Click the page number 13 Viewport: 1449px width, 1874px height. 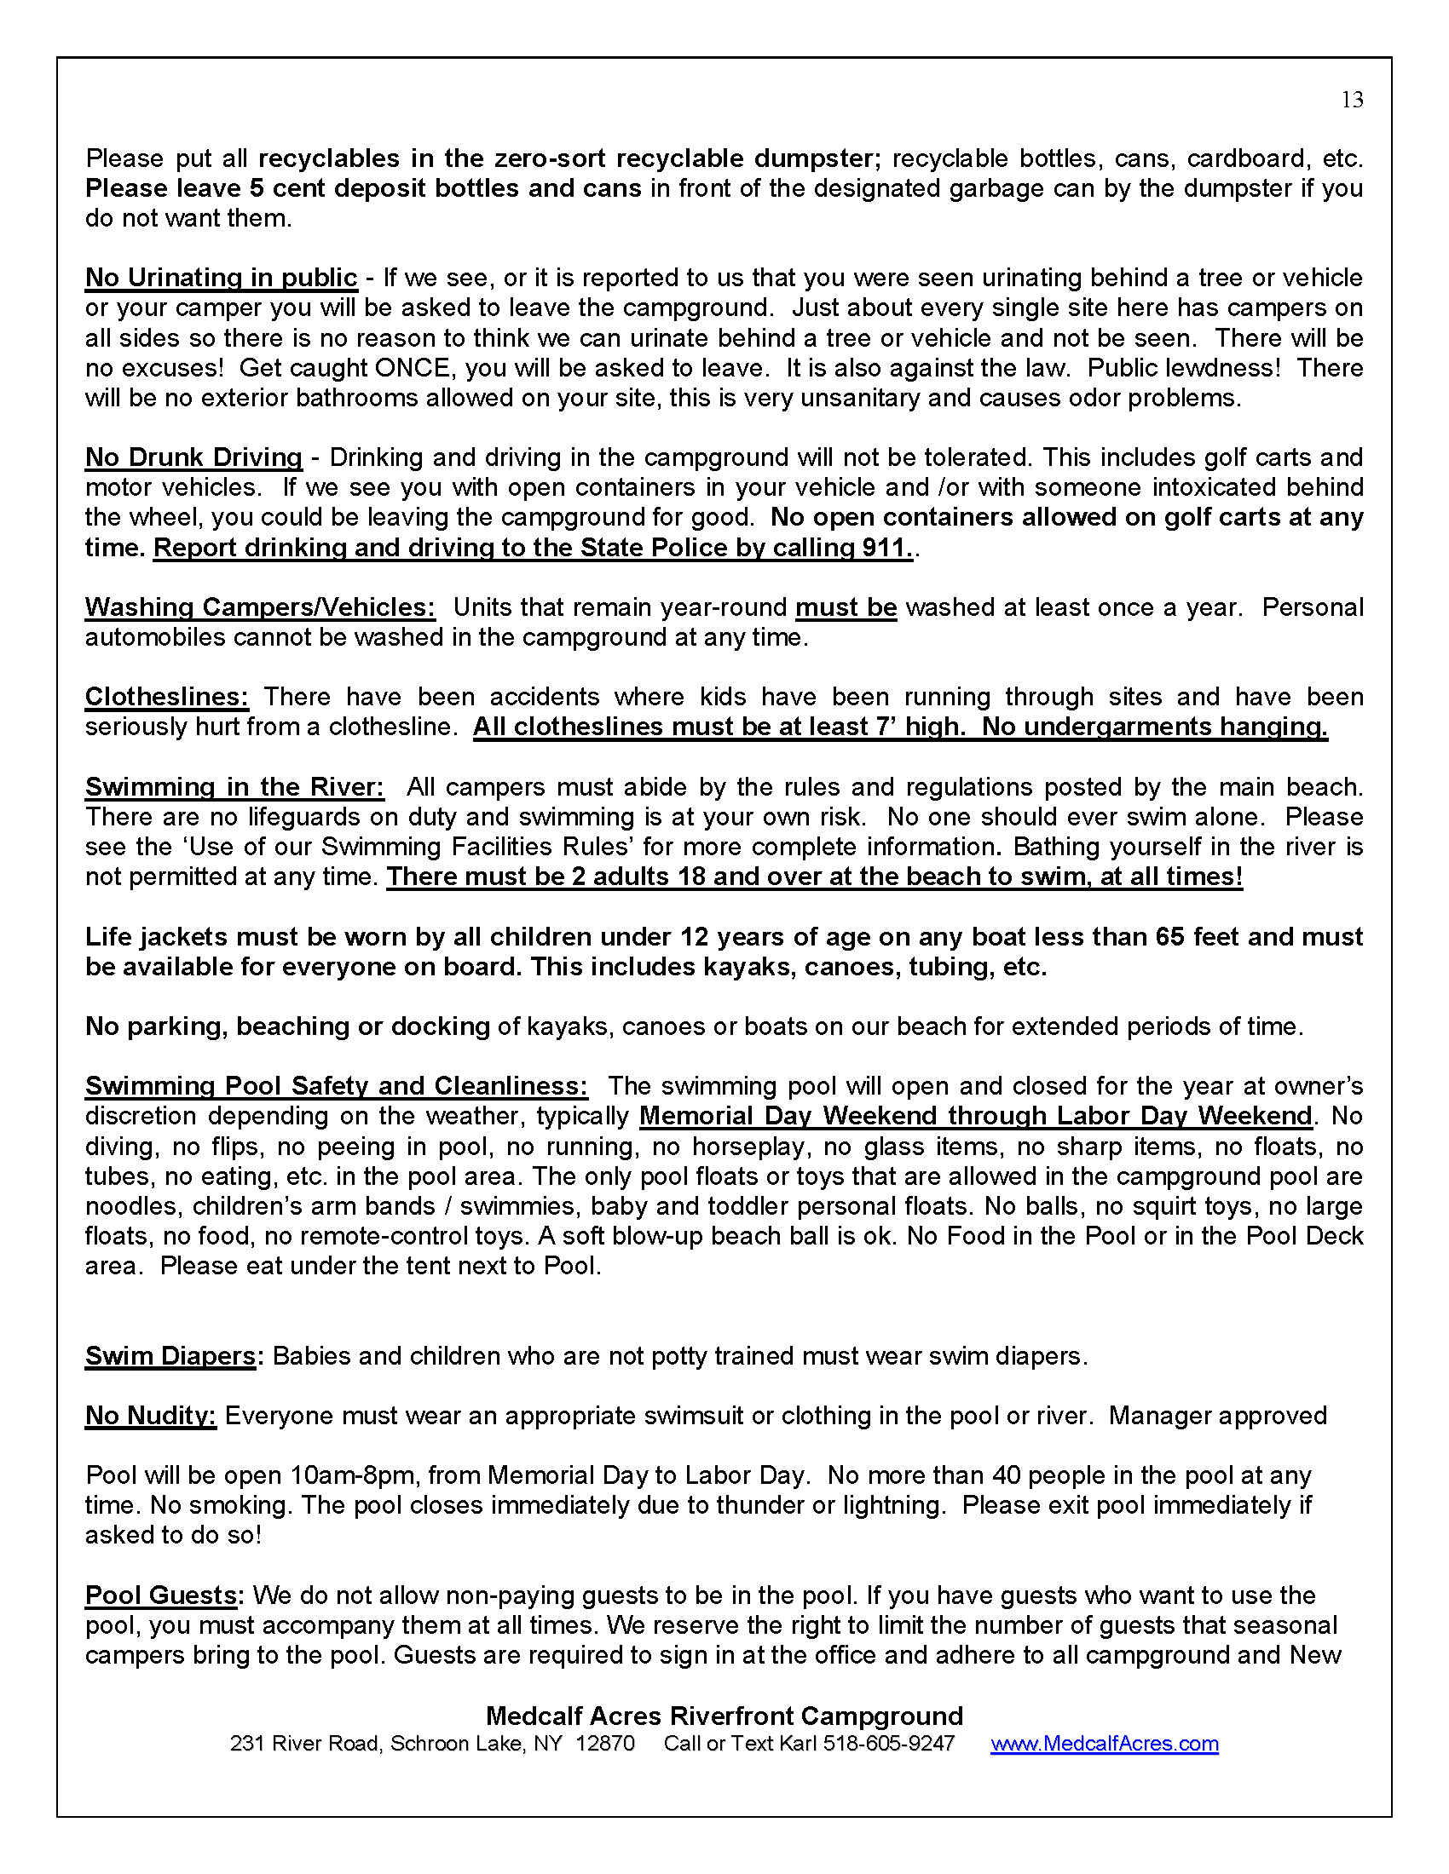click(x=1352, y=101)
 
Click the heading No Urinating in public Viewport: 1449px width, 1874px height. click(x=221, y=278)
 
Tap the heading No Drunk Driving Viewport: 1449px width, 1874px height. click(x=193, y=457)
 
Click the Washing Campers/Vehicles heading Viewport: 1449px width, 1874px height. click(x=259, y=607)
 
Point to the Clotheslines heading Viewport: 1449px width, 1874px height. click(x=166, y=697)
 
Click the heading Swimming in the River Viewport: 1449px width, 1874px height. click(x=234, y=787)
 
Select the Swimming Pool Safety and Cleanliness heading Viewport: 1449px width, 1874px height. click(x=336, y=1086)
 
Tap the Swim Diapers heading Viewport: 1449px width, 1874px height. click(x=170, y=1356)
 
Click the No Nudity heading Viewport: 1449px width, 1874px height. click(x=150, y=1416)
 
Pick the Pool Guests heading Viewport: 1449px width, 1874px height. click(x=160, y=1595)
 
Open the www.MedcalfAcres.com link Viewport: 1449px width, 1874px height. click(x=1104, y=1744)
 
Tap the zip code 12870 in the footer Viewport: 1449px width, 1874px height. click(x=605, y=1744)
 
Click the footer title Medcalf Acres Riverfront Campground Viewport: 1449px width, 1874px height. click(x=724, y=1716)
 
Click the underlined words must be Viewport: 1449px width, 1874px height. click(x=846, y=607)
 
